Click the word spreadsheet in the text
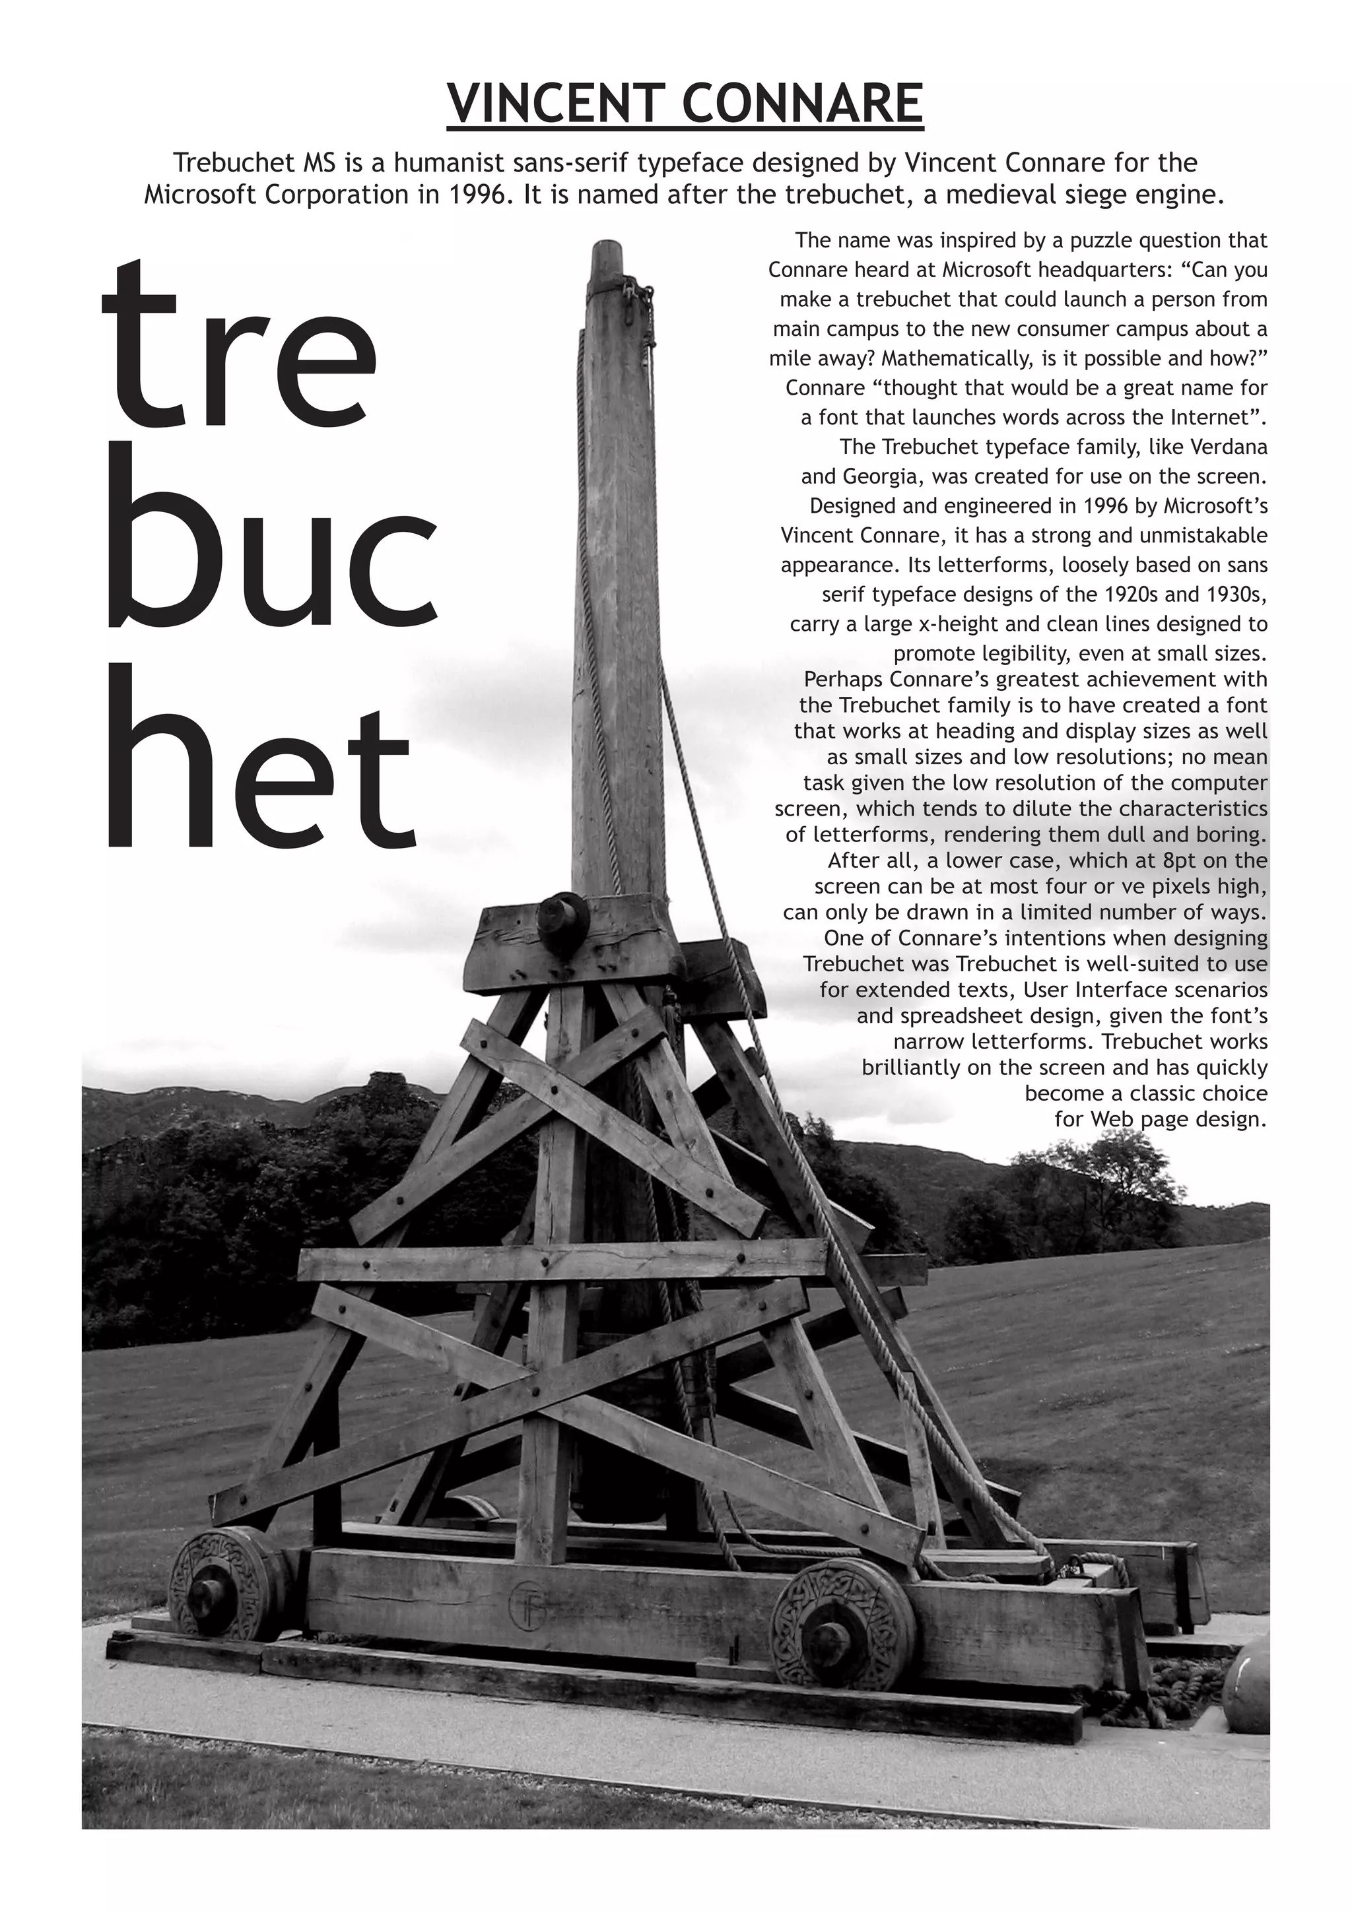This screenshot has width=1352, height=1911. coord(950,1016)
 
